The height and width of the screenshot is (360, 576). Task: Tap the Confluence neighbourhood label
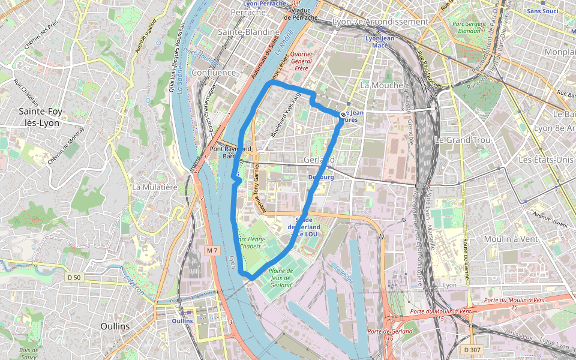point(214,73)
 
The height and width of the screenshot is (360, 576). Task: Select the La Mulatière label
point(154,187)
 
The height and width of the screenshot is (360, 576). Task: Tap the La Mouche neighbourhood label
point(382,85)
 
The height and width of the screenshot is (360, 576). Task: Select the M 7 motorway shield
point(211,250)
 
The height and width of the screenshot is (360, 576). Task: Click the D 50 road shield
point(74,277)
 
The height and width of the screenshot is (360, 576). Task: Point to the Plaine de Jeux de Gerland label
point(281,278)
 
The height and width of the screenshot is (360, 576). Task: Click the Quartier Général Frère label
point(302,61)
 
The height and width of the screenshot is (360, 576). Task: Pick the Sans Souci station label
point(542,11)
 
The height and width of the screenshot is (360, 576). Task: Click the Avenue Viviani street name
point(550,220)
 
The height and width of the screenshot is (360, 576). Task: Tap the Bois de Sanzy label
point(28,353)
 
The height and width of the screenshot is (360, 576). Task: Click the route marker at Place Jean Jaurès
point(343,115)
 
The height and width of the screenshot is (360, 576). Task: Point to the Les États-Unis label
point(546,160)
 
